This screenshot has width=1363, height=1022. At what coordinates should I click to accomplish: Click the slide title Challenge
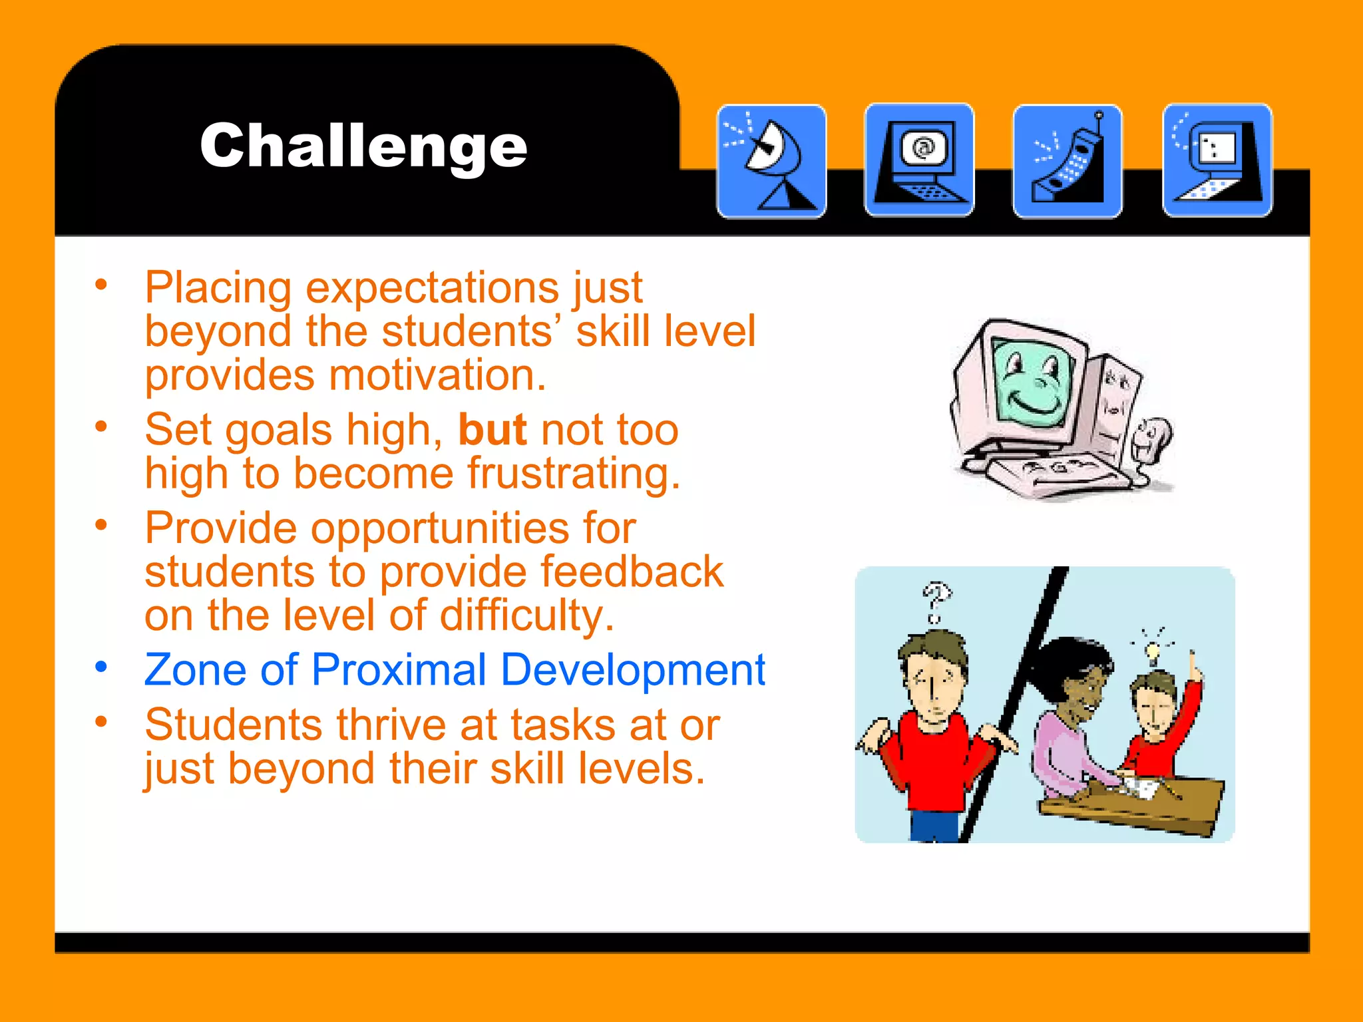click(363, 146)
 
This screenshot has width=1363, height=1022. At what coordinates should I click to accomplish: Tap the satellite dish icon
click(771, 161)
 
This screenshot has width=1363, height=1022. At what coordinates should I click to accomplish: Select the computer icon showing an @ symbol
click(919, 161)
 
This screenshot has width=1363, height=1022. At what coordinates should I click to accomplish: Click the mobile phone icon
click(1068, 161)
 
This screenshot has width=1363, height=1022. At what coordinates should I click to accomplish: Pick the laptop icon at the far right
click(1217, 161)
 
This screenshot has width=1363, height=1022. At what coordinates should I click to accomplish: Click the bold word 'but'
click(492, 430)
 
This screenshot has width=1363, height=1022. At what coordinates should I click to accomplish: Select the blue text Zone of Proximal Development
click(455, 669)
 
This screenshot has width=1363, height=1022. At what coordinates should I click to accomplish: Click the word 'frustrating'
click(573, 474)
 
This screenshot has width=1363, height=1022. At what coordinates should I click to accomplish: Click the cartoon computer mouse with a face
click(1151, 438)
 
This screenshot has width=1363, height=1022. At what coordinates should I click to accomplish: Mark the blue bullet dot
click(101, 666)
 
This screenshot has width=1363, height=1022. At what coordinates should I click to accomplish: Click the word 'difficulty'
click(525, 615)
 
